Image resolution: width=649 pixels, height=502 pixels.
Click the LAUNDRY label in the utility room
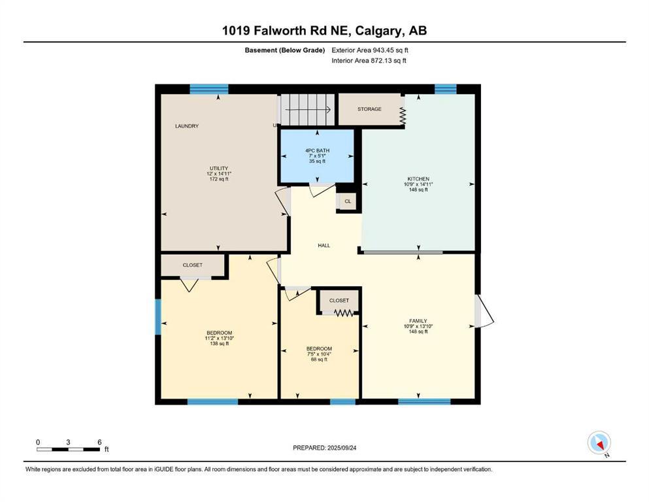tap(186, 126)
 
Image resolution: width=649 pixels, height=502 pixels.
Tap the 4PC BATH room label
tap(318, 151)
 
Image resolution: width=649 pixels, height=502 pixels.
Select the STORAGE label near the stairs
tap(369, 109)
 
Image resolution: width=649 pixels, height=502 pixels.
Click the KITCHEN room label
tap(418, 179)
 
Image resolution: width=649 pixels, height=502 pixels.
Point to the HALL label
tap(324, 246)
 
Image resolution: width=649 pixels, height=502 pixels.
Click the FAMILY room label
tap(418, 321)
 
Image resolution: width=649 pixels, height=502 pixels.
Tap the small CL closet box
tap(348, 201)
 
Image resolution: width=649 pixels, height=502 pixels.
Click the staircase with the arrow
tap(307, 109)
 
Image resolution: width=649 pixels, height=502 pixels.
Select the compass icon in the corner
tap(599, 443)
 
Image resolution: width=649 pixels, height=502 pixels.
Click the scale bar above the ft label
tap(68, 449)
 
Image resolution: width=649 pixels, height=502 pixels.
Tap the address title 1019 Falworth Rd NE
tap(324, 31)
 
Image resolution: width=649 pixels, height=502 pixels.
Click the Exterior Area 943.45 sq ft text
tap(370, 50)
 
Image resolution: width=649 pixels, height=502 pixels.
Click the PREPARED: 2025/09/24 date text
tap(324, 448)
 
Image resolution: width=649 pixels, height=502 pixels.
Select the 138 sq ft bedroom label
tap(219, 338)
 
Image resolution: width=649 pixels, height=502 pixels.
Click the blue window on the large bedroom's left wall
tap(158, 317)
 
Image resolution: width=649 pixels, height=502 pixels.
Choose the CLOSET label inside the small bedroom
tap(339, 301)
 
